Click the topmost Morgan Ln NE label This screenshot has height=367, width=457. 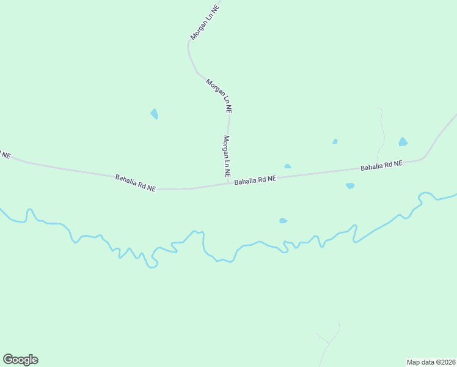(203, 23)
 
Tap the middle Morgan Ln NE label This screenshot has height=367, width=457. (219, 95)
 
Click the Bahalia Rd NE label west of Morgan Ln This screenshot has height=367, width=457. (135, 183)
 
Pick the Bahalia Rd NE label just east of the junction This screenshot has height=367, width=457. (255, 180)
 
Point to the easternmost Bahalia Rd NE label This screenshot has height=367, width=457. (381, 165)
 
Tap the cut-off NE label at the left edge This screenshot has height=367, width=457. (5, 155)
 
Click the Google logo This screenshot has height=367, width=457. (20, 360)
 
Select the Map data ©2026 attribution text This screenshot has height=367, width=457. (431, 362)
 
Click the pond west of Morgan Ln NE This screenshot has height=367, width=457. (155, 114)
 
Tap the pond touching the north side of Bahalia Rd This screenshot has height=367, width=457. (288, 166)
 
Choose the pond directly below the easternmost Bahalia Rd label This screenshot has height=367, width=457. (350, 185)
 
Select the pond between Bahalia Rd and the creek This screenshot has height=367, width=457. (283, 221)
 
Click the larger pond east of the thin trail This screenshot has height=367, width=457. (403, 142)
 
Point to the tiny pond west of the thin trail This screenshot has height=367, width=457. (335, 141)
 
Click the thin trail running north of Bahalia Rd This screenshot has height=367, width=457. (381, 132)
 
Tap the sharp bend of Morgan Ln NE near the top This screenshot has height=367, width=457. (189, 44)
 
